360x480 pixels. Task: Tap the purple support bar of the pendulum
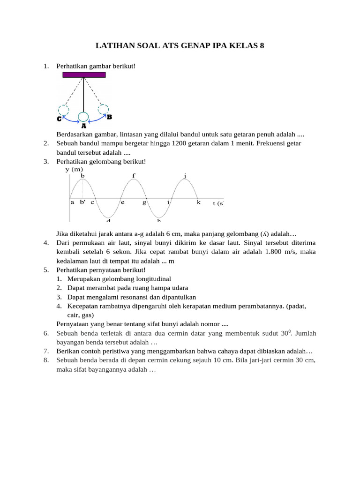click(x=83, y=75)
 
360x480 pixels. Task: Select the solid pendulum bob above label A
click(x=83, y=117)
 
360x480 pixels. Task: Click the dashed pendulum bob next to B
click(x=103, y=109)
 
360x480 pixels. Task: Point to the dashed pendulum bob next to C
click(x=64, y=110)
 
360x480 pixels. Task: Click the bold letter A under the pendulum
click(x=83, y=126)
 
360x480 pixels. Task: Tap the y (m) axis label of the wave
click(x=74, y=169)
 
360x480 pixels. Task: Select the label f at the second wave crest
click(x=134, y=176)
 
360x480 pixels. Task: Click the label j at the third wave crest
click(x=185, y=176)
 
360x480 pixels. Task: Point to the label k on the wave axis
click(x=198, y=202)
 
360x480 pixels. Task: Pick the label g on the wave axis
click(x=144, y=202)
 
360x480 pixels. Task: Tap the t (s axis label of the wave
click(x=218, y=203)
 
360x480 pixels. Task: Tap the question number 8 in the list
click(x=46, y=360)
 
